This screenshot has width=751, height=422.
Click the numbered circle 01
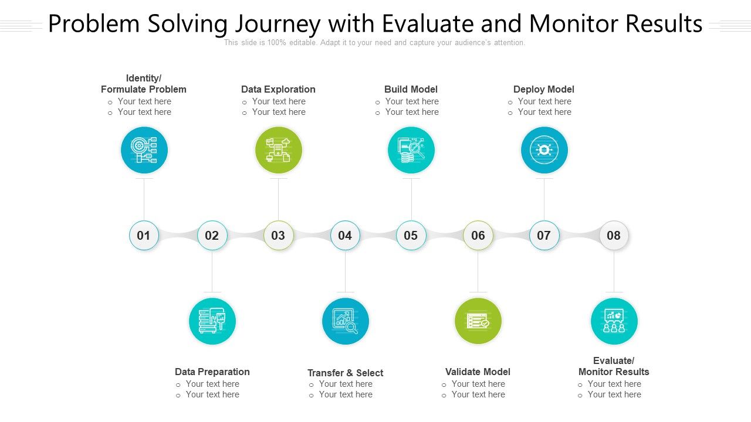[144, 236]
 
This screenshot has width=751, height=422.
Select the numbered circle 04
[345, 236]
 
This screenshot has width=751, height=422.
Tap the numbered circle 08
[614, 236]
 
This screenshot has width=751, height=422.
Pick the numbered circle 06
[478, 236]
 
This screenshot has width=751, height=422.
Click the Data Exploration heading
[278, 89]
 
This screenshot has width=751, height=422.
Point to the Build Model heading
[411, 89]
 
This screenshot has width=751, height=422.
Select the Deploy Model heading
[543, 89]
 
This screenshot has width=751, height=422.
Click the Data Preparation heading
[212, 372]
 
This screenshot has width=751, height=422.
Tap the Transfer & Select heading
[345, 373]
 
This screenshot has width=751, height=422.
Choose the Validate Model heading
[478, 372]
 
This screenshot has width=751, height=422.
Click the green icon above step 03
[278, 151]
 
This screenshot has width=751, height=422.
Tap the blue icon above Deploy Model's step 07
[544, 151]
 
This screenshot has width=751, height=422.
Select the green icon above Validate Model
[478, 321]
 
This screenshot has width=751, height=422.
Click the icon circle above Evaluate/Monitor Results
[614, 321]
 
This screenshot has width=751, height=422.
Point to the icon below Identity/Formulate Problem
[144, 151]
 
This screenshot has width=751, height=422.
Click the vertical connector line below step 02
[212, 271]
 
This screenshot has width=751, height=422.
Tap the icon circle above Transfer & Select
[345, 321]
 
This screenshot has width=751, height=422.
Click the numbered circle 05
[411, 236]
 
